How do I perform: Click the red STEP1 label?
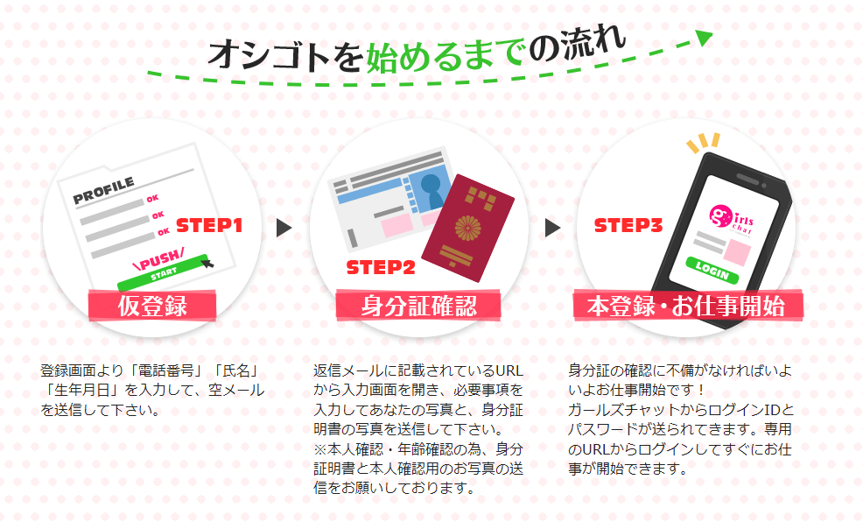point(209,225)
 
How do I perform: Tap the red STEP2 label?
point(381,267)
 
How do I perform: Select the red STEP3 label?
point(628,225)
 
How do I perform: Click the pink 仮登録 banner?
point(152,306)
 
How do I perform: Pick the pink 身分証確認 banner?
point(418,306)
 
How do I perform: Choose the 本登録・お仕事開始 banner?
point(687,306)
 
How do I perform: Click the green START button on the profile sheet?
point(164,272)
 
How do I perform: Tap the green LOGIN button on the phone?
point(712,270)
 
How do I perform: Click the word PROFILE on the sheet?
point(103,190)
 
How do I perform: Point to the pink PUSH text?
point(158,259)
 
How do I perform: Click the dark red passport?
point(468,228)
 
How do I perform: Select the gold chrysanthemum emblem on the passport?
point(468,228)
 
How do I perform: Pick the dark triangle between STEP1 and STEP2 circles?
point(284,228)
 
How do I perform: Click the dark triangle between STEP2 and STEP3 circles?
point(552,228)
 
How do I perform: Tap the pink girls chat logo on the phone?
point(731,220)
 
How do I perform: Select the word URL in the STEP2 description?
point(509,370)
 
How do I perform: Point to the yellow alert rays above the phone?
point(703,143)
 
